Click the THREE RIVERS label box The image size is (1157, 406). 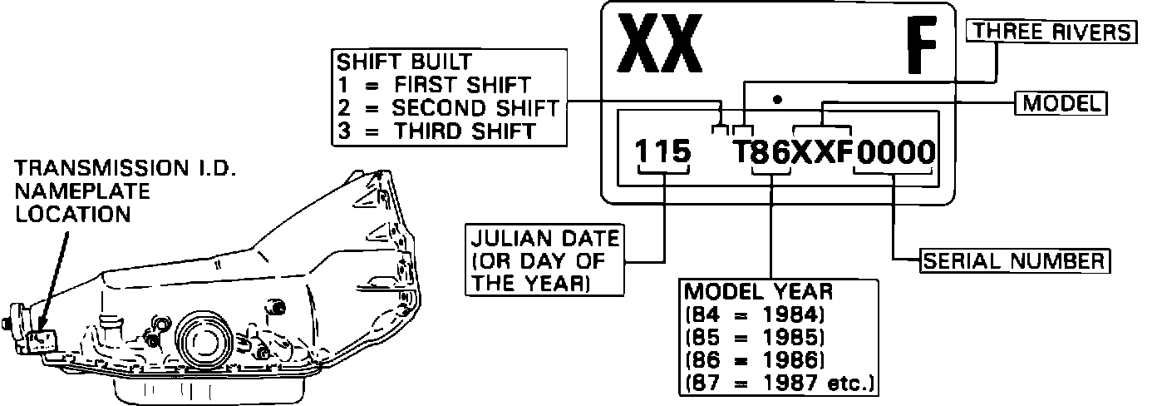coord(1051,32)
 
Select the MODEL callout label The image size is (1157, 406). coord(1061,103)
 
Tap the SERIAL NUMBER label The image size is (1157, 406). coord(1014,261)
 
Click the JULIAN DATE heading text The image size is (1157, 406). coord(545,239)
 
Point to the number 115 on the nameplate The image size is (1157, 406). coord(662,151)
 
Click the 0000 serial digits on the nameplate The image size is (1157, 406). coord(895,152)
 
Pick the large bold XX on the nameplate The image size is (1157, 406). coord(660,44)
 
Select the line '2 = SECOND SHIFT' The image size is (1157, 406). coord(448,108)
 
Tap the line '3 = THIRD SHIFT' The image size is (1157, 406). coord(436,131)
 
